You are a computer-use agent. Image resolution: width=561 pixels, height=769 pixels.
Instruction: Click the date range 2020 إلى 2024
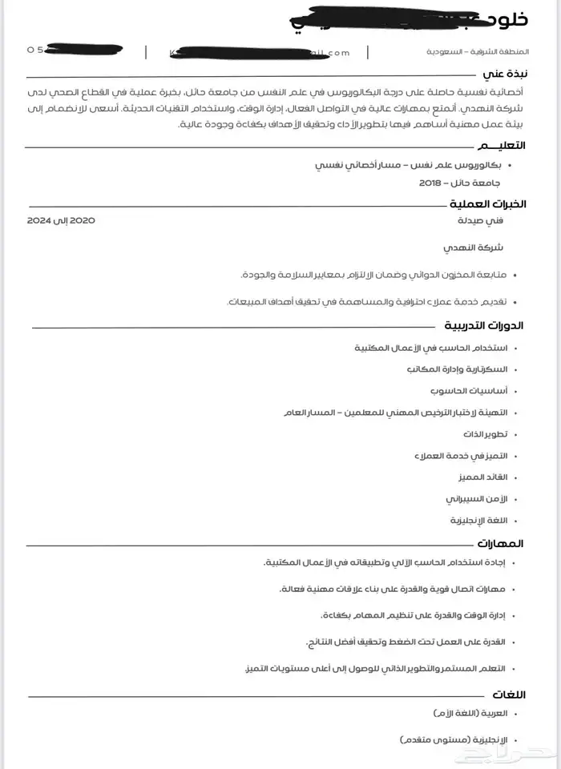[x=61, y=219]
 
